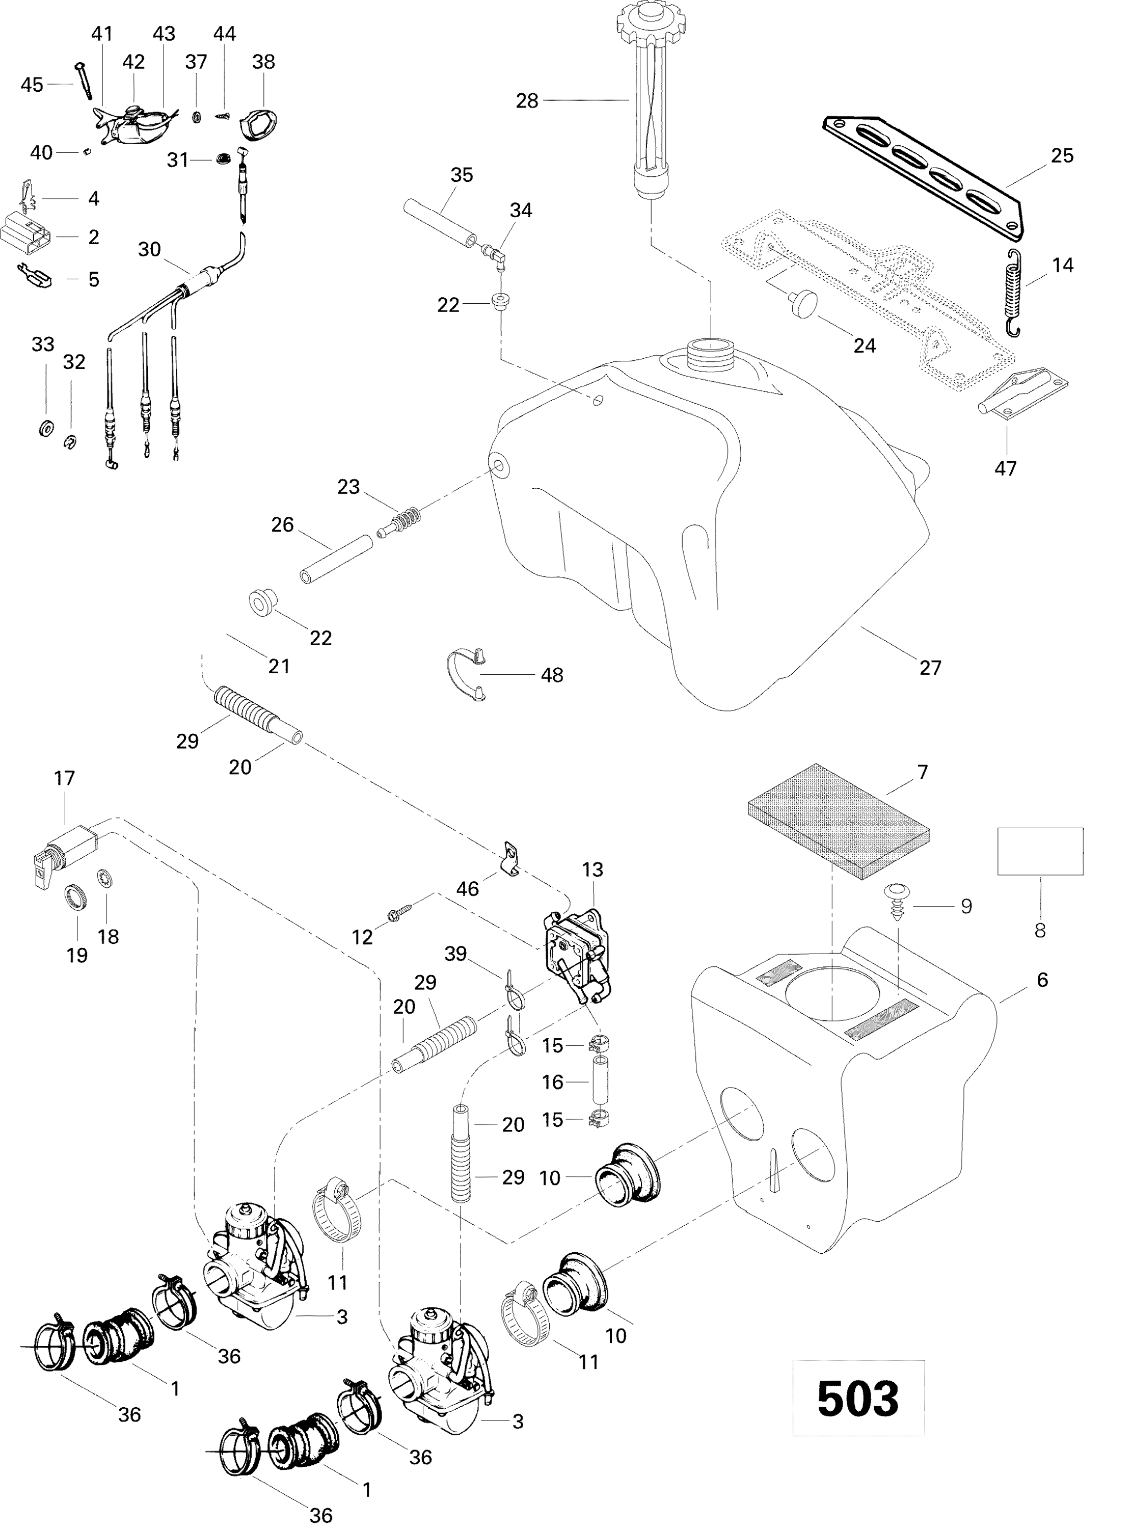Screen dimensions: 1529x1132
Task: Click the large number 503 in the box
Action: point(857,1398)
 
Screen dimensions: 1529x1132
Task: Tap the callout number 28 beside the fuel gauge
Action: point(526,101)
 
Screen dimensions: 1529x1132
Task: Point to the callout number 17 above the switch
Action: point(64,778)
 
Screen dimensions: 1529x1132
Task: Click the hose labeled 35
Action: point(439,220)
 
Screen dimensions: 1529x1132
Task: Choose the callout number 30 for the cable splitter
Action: point(149,249)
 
